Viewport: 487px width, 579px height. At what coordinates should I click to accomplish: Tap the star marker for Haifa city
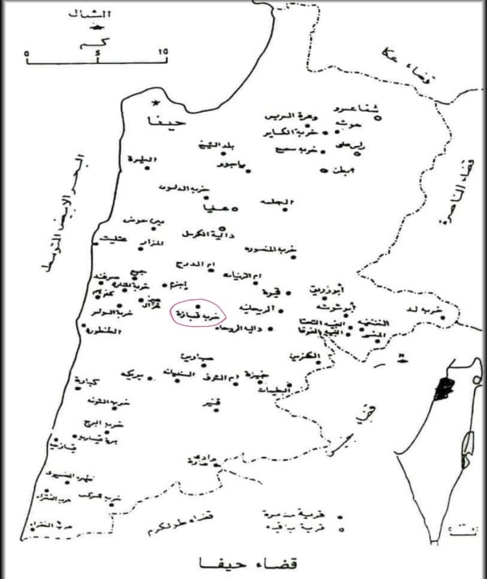pos(154,104)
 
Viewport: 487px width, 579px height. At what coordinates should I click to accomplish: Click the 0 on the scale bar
pos(28,51)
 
